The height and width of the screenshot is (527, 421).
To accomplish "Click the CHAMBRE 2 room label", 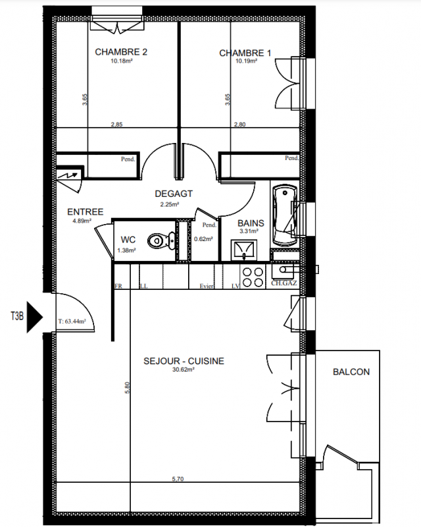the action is coord(121,52).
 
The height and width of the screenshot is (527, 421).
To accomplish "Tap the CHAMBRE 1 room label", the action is coord(245,53).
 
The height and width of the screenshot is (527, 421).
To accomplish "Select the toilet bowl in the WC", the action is coord(161,240).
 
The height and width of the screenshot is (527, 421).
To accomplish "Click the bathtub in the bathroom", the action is coord(285,215).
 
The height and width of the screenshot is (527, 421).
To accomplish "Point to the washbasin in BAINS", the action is coord(244,250).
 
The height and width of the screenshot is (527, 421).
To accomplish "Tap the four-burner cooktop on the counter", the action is coord(253,277).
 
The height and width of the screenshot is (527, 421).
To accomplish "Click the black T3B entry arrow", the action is coord(35,317).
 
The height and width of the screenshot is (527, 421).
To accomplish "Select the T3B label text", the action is coord(17,316).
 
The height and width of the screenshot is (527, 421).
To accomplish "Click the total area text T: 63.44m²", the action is coord(72,321).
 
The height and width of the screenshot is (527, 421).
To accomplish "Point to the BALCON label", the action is coord(351,372).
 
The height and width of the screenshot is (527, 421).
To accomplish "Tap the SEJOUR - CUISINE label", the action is coord(184,361).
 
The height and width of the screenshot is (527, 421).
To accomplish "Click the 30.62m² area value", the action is coord(184,370).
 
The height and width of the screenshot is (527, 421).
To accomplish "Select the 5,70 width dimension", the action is coord(178,479).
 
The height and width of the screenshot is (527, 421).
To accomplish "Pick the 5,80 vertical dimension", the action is coord(127,387).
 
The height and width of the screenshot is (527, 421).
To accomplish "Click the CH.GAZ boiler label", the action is coord(284,283).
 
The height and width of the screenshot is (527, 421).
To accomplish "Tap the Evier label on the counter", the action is coord(207,286).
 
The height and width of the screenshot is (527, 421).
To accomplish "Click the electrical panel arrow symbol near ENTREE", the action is coord(70,175).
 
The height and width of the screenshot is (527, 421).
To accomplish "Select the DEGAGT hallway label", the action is coord(174,194).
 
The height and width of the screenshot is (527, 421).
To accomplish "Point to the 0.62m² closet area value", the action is coord(203,239).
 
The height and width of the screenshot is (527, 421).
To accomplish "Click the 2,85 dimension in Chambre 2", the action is coord(117,125).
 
